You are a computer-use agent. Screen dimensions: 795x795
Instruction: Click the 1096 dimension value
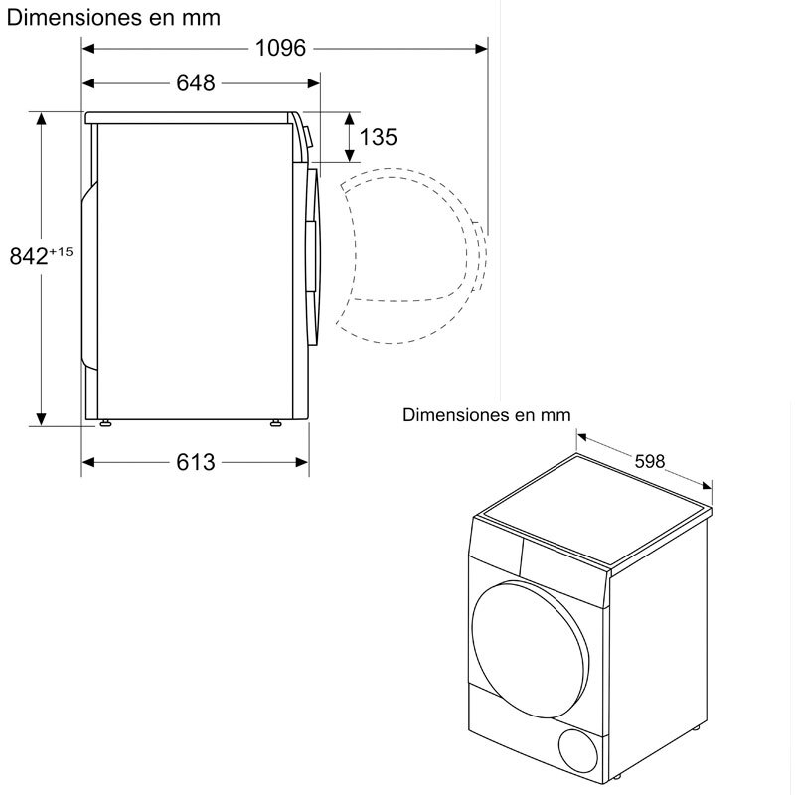(x=280, y=48)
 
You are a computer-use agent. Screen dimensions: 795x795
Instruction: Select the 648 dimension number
(x=196, y=83)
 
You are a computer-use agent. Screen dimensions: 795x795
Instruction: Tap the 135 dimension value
(x=379, y=137)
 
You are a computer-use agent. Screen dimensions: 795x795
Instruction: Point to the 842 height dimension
(x=29, y=257)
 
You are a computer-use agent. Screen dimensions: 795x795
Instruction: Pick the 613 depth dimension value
(x=196, y=462)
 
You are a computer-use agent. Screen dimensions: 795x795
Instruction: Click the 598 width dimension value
(x=650, y=461)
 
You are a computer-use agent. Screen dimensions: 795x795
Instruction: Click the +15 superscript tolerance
(x=62, y=251)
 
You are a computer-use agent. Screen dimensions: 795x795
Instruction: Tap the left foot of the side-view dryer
(x=105, y=423)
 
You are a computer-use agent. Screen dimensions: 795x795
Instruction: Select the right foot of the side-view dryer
(x=276, y=423)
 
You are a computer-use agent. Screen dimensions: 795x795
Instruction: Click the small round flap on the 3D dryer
(x=578, y=750)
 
